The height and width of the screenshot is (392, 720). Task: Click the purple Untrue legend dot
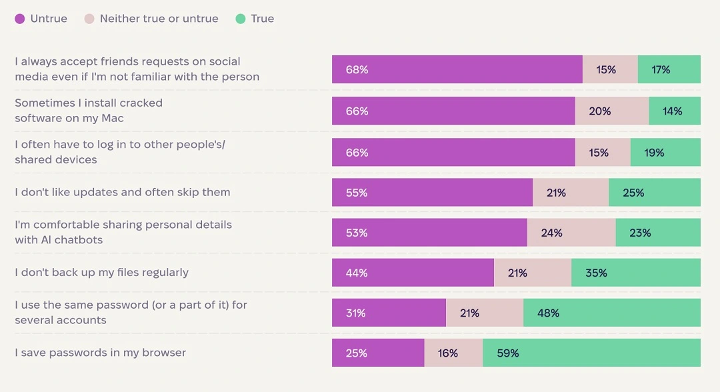click(x=20, y=19)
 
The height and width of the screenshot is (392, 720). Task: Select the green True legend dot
click(x=241, y=19)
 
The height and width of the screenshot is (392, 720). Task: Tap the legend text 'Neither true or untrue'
click(x=159, y=19)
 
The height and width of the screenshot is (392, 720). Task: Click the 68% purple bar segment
click(x=457, y=69)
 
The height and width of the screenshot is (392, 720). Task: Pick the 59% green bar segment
click(x=591, y=353)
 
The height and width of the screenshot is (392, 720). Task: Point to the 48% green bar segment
click(x=611, y=313)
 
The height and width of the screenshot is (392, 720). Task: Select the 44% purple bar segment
click(x=413, y=273)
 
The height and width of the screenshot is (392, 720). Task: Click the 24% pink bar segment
click(x=571, y=233)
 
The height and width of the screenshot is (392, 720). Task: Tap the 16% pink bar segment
click(x=453, y=353)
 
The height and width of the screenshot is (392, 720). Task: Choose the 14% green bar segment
click(x=674, y=111)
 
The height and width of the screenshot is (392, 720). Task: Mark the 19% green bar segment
click(x=665, y=153)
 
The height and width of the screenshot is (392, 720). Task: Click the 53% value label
click(x=357, y=233)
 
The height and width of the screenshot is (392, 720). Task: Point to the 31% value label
click(x=356, y=313)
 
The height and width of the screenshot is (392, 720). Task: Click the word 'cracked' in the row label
click(x=141, y=103)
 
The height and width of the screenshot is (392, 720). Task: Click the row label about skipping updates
click(x=123, y=192)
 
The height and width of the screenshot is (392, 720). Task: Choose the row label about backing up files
click(x=102, y=272)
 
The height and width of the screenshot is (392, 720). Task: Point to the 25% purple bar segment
click(x=378, y=353)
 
